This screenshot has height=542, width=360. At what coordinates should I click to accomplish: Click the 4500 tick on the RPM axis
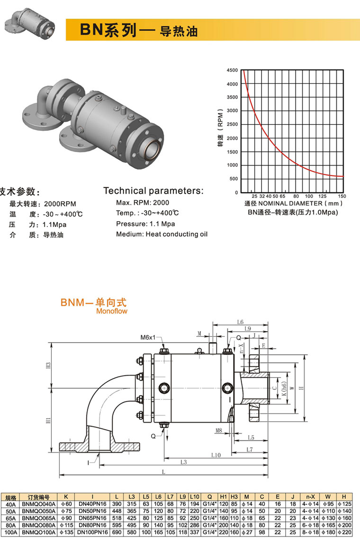point(233,70)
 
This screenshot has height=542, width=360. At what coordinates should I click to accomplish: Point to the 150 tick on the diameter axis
point(342,196)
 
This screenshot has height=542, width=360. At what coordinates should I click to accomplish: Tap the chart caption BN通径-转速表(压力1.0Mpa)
point(293,212)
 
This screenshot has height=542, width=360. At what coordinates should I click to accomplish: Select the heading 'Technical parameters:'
point(153,191)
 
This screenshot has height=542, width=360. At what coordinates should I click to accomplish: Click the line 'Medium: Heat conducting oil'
point(162,234)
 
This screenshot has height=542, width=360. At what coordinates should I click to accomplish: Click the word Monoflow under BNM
point(111,311)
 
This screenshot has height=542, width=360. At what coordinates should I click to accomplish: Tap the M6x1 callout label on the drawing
point(148,338)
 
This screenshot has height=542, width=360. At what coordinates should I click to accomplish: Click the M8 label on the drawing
point(219,430)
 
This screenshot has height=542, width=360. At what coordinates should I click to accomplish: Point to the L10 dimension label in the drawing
point(216,455)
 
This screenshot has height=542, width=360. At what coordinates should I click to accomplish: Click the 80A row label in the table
point(10,526)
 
